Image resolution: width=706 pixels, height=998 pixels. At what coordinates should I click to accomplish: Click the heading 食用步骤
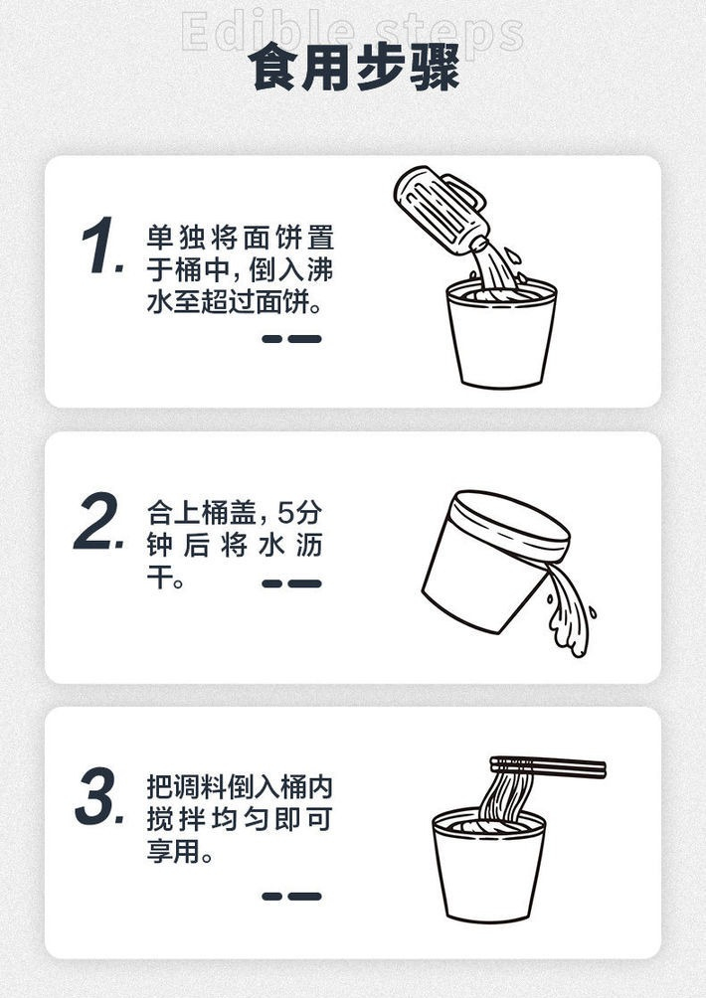tap(353, 68)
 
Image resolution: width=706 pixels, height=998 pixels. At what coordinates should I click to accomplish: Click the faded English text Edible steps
tap(353, 32)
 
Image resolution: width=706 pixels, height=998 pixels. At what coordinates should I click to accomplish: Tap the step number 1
tap(100, 248)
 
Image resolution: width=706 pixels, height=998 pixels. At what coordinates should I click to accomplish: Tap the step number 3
tap(100, 799)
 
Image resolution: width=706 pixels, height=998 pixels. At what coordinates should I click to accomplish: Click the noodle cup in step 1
tap(500, 338)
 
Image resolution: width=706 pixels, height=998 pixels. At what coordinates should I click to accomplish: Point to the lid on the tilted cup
tap(513, 524)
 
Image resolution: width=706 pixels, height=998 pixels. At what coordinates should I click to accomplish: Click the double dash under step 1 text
tap(291, 339)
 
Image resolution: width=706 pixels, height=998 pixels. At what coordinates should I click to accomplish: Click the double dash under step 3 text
tap(291, 896)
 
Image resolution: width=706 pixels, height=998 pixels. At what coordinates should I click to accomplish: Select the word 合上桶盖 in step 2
tap(203, 513)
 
